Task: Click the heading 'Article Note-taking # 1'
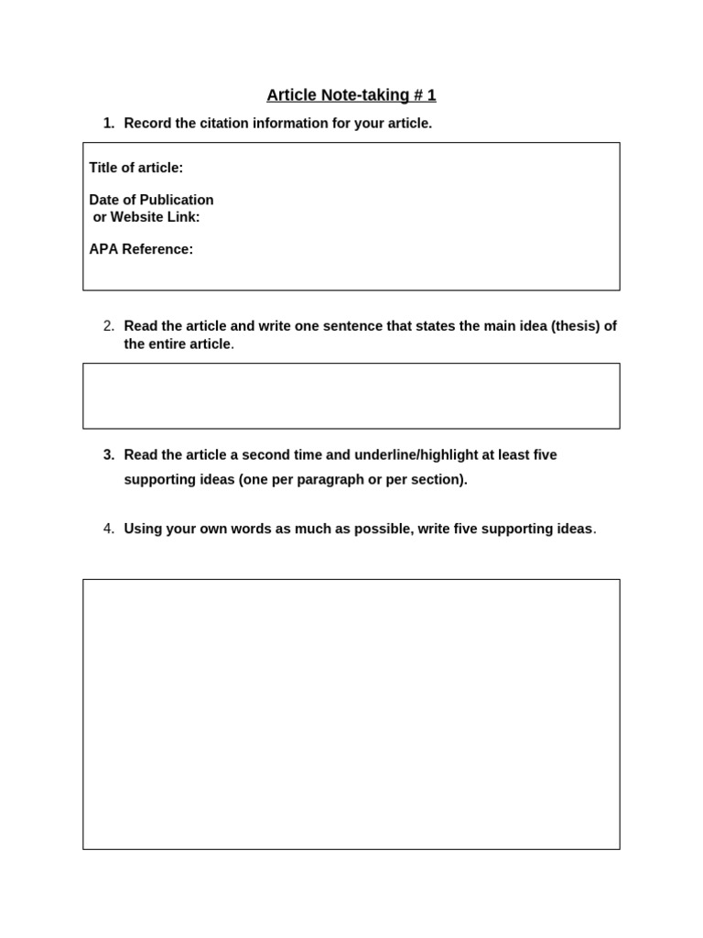[x=351, y=95]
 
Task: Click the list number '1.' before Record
[x=109, y=124]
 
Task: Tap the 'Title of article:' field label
[x=135, y=168]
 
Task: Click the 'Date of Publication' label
[x=151, y=200]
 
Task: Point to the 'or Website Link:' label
[x=146, y=217]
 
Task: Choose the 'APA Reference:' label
[x=141, y=249]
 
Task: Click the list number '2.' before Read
[x=109, y=326]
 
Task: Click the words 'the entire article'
[x=177, y=344]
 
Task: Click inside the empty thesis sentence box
[x=351, y=396]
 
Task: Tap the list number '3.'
[x=109, y=455]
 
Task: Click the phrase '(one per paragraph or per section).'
[x=352, y=480]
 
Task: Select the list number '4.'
[x=109, y=529]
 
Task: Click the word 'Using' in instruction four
[x=142, y=529]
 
